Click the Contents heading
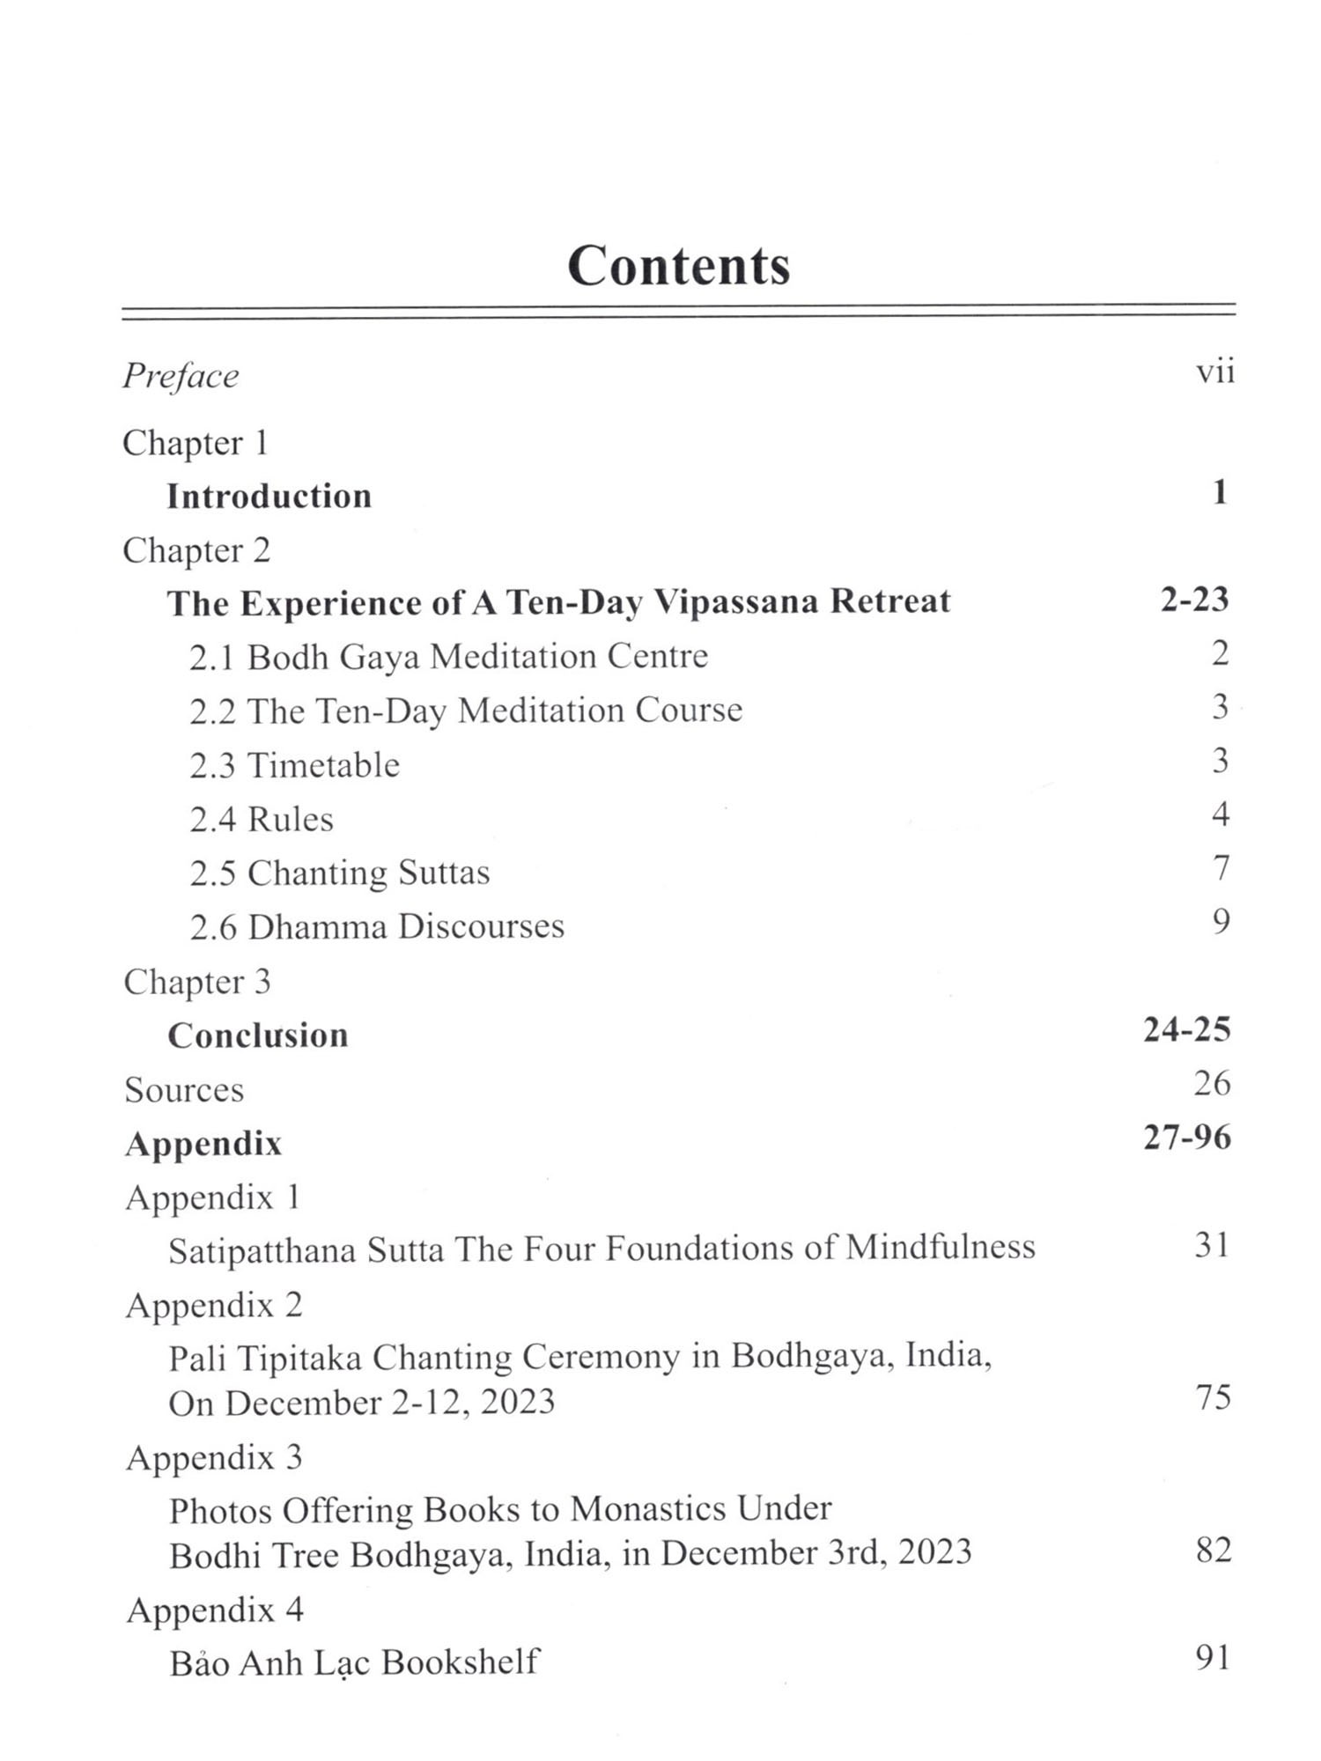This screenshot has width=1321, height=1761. [678, 265]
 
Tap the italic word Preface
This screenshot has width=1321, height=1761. [181, 377]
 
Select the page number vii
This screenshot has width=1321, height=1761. [1214, 372]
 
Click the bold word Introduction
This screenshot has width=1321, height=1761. [269, 497]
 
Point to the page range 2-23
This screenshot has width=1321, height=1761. [1193, 600]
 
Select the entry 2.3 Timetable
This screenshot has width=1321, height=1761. [294, 765]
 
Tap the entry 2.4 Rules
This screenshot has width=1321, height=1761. [262, 820]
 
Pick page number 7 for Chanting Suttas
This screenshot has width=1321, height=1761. [1220, 868]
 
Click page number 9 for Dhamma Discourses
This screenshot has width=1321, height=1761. [1220, 922]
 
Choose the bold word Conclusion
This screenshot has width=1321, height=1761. [258, 1035]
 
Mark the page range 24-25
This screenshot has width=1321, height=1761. [1186, 1029]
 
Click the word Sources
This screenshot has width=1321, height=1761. [184, 1090]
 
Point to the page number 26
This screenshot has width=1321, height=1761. [1212, 1083]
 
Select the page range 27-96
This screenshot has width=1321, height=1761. [1186, 1138]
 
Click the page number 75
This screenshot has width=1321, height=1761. [1213, 1397]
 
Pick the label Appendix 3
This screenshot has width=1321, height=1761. [214, 1458]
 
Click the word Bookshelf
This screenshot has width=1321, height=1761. [460, 1662]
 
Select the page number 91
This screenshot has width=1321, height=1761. [1213, 1658]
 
